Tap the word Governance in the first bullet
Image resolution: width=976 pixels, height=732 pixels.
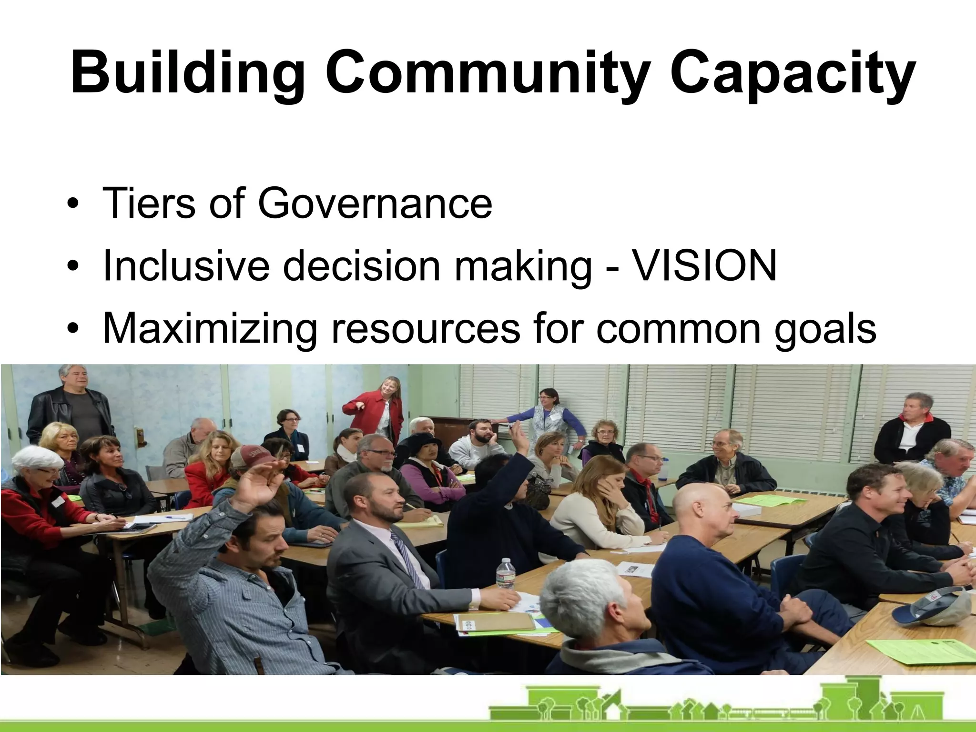tap(375, 203)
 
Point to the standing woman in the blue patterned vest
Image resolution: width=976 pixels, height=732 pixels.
tap(548, 419)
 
